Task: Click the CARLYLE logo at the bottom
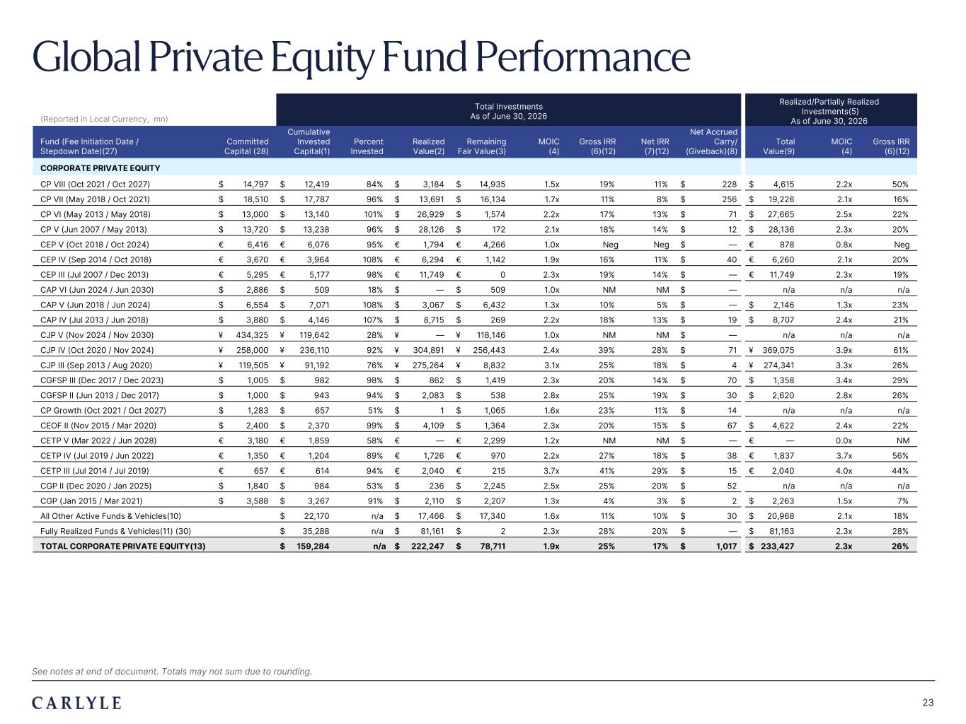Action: [x=76, y=703]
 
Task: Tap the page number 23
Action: [x=928, y=703]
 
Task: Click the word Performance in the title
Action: [x=582, y=57]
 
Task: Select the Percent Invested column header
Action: [x=367, y=146]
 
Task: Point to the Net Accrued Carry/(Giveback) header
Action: [x=712, y=141]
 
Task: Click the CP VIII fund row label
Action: [x=95, y=185]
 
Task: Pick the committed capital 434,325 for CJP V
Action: [x=252, y=335]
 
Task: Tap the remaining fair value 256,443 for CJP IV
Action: [x=489, y=350]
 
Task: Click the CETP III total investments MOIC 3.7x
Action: [x=551, y=471]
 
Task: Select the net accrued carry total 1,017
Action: [x=726, y=546]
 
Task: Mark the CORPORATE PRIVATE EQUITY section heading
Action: [x=100, y=168]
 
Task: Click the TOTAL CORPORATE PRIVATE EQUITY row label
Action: [x=123, y=546]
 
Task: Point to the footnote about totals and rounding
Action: [x=172, y=671]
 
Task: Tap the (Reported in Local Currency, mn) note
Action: [x=104, y=119]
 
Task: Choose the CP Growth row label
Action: [x=103, y=411]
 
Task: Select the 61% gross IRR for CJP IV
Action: [x=900, y=350]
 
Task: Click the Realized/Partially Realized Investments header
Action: [x=829, y=111]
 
